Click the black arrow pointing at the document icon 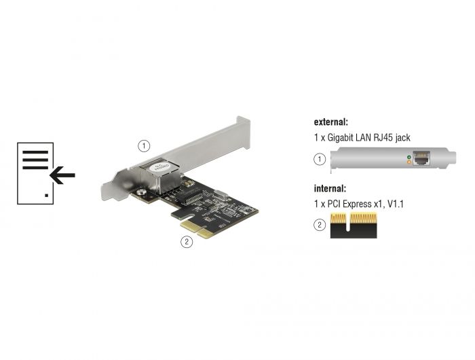pyautogui.click(x=62, y=177)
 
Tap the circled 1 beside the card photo pyautogui.click(x=143, y=145)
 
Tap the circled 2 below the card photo pyautogui.click(x=185, y=240)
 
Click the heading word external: pyautogui.click(x=331, y=122)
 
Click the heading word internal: pyautogui.click(x=330, y=188)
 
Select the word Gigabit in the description pyautogui.click(x=343, y=138)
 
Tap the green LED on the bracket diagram pyautogui.click(x=407, y=158)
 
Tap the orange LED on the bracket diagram pyautogui.click(x=407, y=164)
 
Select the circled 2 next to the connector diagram pyautogui.click(x=319, y=225)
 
